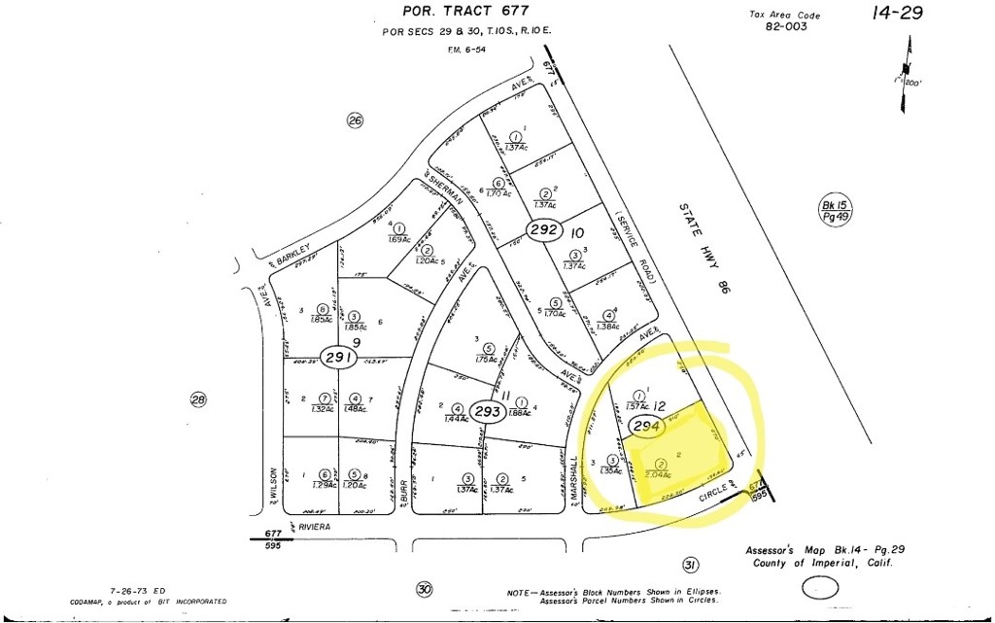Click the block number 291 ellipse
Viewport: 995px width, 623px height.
point(337,358)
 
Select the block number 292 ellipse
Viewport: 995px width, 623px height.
point(542,230)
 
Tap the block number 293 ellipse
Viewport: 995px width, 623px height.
point(488,411)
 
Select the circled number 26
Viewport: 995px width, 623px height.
point(355,120)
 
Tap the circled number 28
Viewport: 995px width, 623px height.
point(198,398)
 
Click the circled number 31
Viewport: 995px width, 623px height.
point(690,565)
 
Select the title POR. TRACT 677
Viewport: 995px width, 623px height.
point(465,12)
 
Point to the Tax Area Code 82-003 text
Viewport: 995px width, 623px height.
point(785,21)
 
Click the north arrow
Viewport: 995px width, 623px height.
point(909,63)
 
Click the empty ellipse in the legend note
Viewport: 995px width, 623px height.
point(821,588)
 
